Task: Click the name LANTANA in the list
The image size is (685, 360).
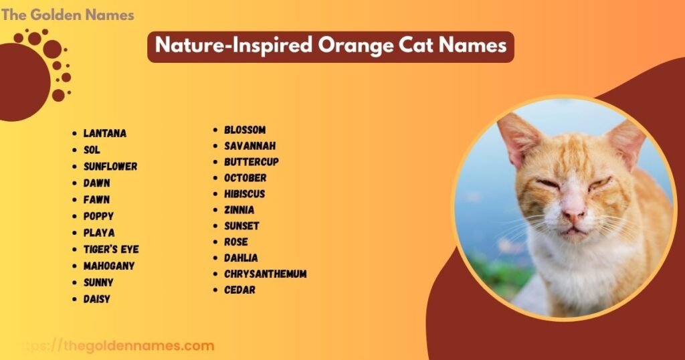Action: click(104, 133)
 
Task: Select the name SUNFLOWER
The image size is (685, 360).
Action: click(110, 167)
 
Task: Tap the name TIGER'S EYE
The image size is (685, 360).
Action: click(111, 250)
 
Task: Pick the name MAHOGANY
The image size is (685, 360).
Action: click(109, 266)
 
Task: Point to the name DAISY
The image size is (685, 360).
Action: click(97, 299)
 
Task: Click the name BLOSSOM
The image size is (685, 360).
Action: click(245, 130)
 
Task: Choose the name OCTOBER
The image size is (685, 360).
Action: click(245, 178)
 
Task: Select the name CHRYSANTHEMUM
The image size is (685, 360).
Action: click(266, 274)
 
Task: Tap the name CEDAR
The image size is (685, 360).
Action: click(239, 290)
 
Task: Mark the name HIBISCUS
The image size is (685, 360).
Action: click(245, 194)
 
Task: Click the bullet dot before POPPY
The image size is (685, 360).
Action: click(75, 217)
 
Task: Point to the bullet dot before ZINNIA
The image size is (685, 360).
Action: click(215, 210)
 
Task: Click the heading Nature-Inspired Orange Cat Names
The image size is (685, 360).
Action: click(330, 47)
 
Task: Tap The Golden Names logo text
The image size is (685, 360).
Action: click(68, 15)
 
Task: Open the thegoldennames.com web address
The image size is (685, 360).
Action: click(137, 346)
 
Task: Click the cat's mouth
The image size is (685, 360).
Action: click(575, 232)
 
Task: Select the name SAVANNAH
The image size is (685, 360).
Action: click(250, 146)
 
